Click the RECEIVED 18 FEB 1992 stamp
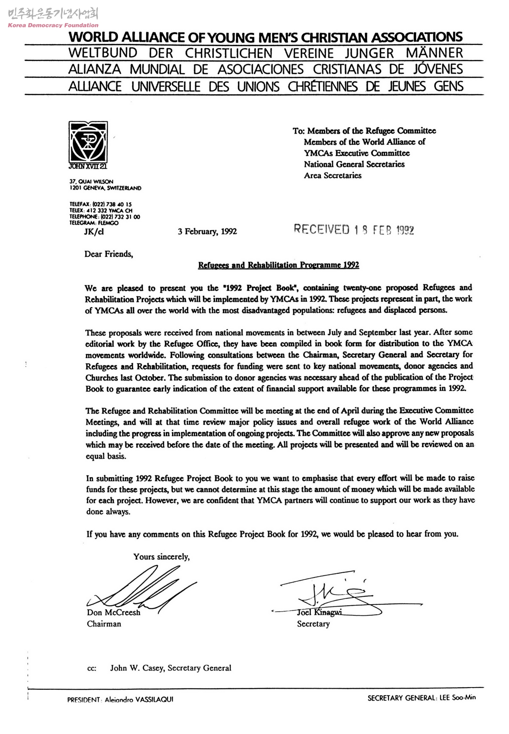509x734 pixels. pyautogui.click(x=354, y=230)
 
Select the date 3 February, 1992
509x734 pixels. pyautogui.click(x=207, y=232)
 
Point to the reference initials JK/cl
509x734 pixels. pyautogui.click(x=94, y=232)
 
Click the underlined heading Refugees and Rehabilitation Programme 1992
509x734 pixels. pyautogui.click(x=278, y=265)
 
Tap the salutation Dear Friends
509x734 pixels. pyautogui.click(x=108, y=254)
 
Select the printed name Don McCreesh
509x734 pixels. pyautogui.click(x=114, y=612)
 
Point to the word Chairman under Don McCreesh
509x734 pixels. pyautogui.click(x=104, y=624)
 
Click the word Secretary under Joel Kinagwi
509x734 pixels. pyautogui.click(x=313, y=624)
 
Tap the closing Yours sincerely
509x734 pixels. pyautogui.click(x=161, y=557)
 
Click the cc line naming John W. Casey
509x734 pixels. pyautogui.click(x=170, y=668)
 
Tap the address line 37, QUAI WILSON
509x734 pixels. pyautogui.click(x=91, y=182)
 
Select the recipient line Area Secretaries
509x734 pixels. pyautogui.click(x=333, y=175)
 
